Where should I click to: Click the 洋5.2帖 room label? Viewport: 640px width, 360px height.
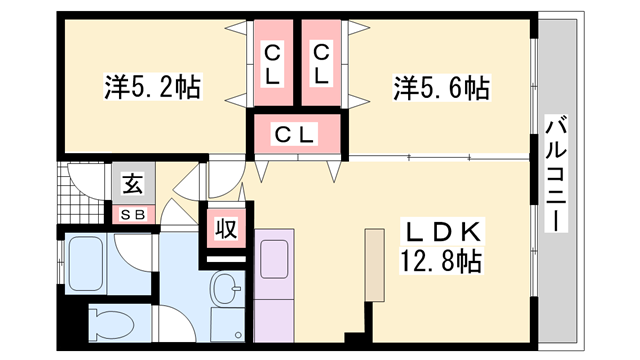[152, 88]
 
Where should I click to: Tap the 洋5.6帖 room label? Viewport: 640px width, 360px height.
[440, 88]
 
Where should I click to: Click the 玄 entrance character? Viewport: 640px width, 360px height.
[132, 184]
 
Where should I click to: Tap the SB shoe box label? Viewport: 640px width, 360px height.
[132, 213]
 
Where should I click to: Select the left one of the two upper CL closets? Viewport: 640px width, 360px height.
[272, 62]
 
